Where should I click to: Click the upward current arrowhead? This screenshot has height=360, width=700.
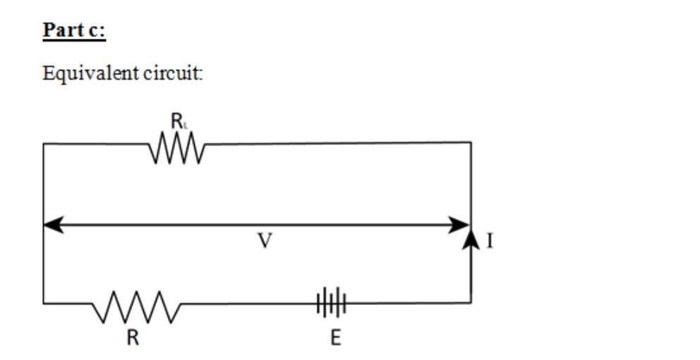[471, 239]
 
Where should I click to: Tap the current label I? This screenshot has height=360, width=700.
[490, 242]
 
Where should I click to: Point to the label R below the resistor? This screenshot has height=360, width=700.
[133, 337]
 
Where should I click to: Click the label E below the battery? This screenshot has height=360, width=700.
[336, 338]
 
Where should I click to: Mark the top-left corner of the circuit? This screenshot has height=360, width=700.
[44, 144]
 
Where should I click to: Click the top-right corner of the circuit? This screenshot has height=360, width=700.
[471, 143]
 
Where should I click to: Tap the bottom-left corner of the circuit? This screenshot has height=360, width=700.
[44, 304]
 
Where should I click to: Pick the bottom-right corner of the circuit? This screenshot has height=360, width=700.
[471, 304]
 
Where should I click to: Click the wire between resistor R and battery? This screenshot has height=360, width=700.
[247, 304]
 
